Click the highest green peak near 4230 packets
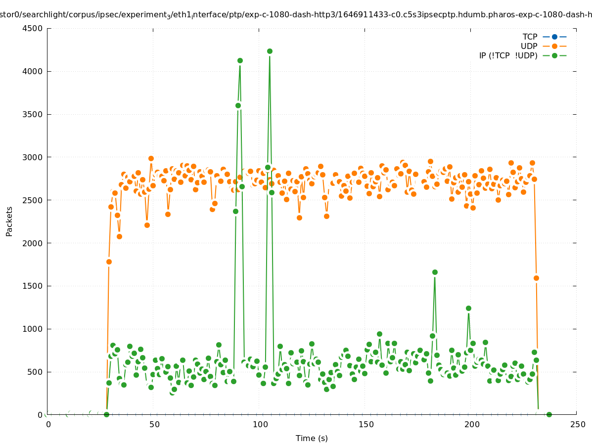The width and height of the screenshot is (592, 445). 270,51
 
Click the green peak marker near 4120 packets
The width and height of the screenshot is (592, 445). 240,60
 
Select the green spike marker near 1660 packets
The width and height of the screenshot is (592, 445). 435,272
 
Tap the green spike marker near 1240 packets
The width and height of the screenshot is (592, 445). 468,308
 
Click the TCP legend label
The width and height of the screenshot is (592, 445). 530,37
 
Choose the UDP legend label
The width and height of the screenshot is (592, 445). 529,46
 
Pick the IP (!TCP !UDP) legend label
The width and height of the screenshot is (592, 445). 508,56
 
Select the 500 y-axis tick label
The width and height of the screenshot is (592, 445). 36,372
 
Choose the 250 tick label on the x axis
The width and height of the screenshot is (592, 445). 577,424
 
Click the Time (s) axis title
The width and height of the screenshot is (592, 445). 312,439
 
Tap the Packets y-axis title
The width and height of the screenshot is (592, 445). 9,221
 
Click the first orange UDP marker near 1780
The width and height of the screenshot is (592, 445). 109,262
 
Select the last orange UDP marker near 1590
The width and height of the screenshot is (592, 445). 536,278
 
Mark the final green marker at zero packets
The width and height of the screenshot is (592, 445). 549,414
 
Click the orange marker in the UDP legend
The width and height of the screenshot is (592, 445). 554,46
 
